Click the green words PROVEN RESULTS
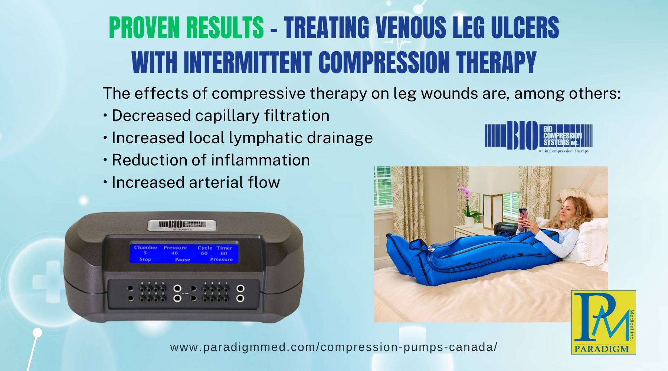186,28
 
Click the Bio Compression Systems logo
538,137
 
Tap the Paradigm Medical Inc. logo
603,322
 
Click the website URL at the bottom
334,347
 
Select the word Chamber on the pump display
146,247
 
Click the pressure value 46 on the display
174,253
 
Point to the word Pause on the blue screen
182,260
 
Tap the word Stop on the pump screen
145,259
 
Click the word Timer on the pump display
224,248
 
